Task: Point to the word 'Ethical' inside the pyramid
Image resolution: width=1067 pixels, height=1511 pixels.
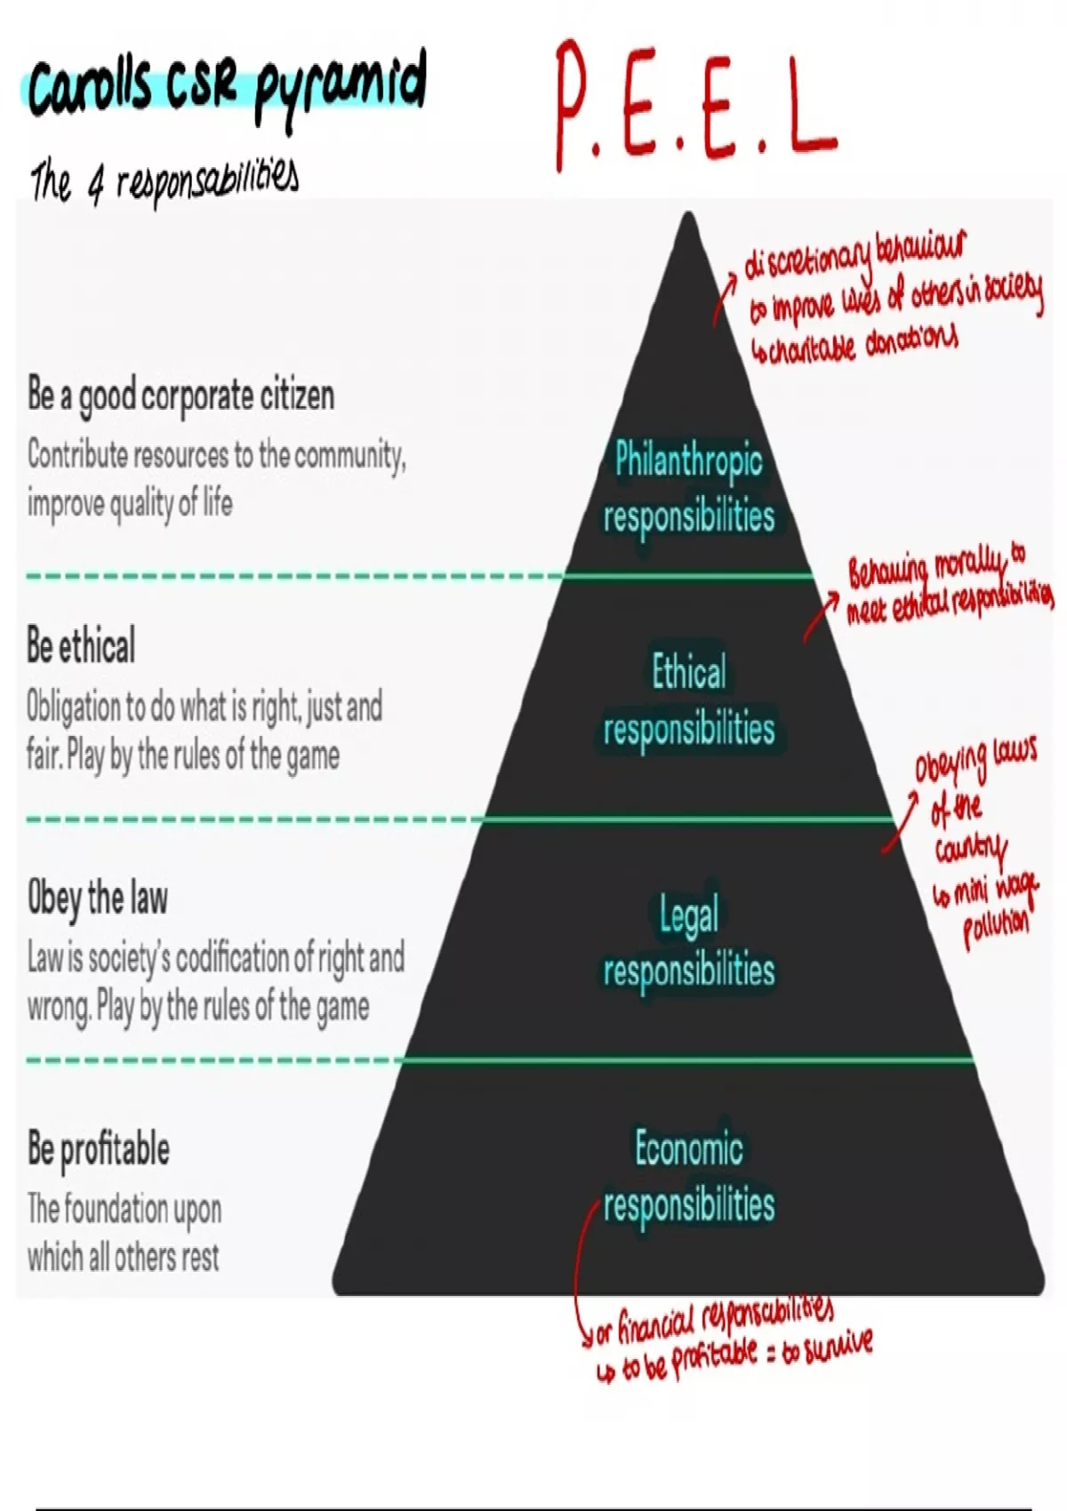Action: coord(688,671)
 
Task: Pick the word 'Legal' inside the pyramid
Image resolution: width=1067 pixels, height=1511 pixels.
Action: coord(688,915)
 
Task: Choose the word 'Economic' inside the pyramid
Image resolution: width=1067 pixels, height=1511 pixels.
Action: coord(688,1147)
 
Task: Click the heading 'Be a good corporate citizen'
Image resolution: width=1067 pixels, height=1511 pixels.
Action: coord(181,396)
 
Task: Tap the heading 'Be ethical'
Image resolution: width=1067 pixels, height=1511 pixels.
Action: coord(81,645)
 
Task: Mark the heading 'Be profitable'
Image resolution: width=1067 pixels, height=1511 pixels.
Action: coord(98,1148)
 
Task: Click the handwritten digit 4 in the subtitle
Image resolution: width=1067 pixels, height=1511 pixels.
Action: coord(94,185)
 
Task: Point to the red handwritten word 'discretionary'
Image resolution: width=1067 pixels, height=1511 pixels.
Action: coord(807,259)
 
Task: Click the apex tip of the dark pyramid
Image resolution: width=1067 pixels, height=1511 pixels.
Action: coord(688,215)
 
